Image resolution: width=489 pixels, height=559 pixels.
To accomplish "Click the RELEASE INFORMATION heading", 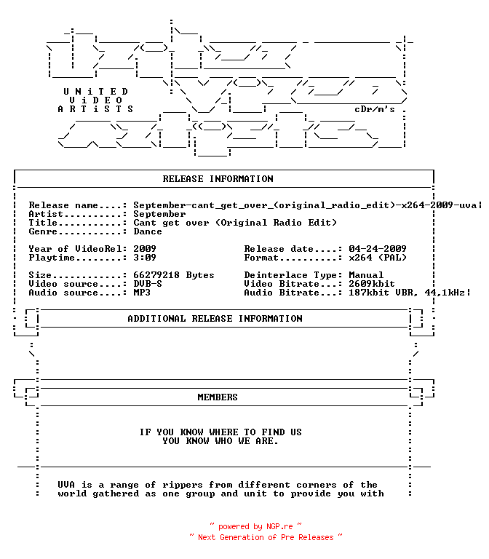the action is (218, 178).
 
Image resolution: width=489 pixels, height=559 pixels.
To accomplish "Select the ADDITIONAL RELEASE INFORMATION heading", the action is (215, 318).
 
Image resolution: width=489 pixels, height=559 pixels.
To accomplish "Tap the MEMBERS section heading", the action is (218, 397).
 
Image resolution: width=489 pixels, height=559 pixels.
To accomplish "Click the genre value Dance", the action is (148, 231).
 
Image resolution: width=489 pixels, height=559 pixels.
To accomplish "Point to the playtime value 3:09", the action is (145, 258).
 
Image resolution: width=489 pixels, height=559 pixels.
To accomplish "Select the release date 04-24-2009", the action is (378, 248).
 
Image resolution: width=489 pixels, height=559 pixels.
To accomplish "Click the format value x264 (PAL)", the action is (378, 258).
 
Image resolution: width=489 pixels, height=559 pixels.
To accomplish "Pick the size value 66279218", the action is (156, 275).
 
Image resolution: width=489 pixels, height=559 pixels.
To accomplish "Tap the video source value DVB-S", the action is (148, 284).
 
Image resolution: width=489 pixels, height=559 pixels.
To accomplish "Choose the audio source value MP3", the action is (142, 293).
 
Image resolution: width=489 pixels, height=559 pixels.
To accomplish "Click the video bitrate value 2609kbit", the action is (372, 284).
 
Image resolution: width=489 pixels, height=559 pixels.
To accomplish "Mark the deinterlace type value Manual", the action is (366, 275).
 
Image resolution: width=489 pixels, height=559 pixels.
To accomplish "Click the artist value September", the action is (159, 214).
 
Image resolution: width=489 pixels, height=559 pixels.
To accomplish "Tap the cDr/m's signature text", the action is (375, 109).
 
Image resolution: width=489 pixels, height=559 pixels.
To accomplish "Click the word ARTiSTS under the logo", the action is (95, 108).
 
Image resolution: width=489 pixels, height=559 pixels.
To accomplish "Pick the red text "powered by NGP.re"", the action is (255, 526).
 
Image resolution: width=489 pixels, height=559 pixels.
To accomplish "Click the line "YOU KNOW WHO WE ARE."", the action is (220, 441).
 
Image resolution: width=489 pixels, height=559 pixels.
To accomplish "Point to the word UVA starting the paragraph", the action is (66, 485).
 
